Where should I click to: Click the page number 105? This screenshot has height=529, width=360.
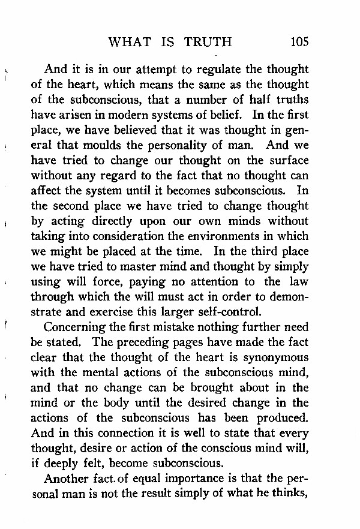(x=298, y=42)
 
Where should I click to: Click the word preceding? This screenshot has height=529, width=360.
(x=145, y=342)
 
